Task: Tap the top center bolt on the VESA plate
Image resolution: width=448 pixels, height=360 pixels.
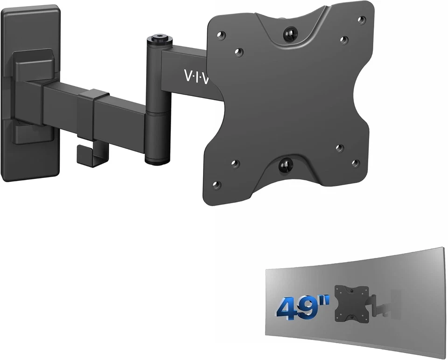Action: pos(290,34)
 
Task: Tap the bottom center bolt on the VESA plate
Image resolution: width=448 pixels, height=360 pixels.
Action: pos(284,165)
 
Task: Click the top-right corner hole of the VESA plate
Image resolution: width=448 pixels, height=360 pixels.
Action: pos(361,20)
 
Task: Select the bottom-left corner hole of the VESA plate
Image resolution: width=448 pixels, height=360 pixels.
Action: pos(216,185)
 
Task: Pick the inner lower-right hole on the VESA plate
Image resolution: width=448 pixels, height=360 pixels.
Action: pos(339,148)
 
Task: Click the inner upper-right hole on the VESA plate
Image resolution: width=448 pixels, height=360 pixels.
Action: pos(344,40)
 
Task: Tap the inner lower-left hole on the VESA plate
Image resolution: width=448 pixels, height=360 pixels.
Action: pos(235,164)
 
